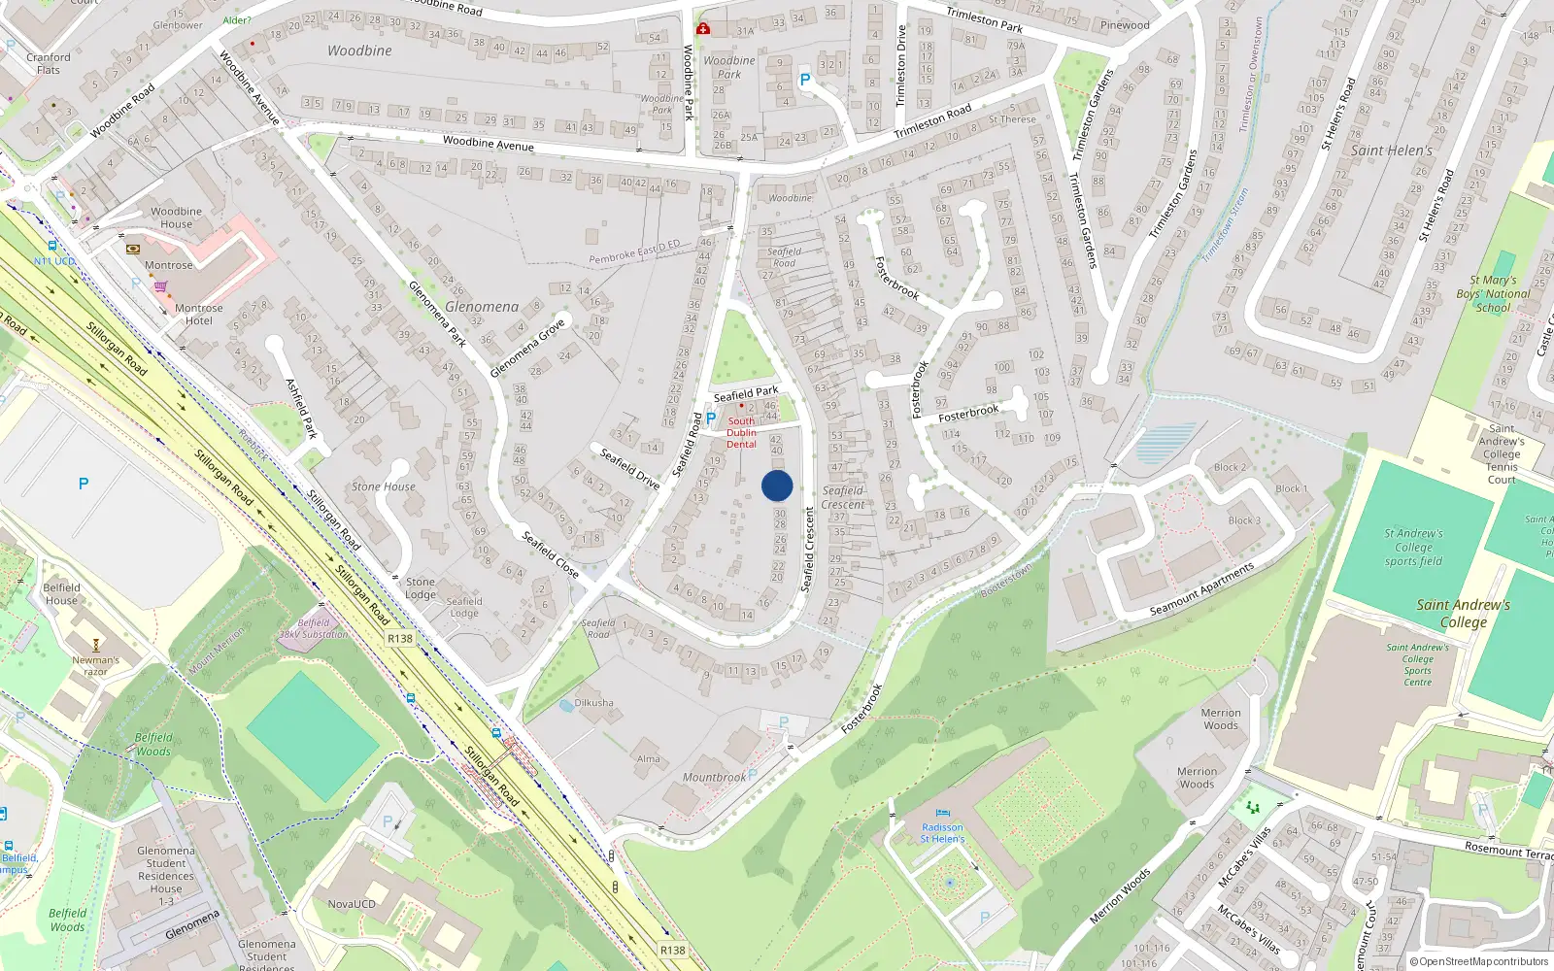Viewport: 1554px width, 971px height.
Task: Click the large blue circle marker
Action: tap(777, 485)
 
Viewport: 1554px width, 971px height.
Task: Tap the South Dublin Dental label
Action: tap(741, 433)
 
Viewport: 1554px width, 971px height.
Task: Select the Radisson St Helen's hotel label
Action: tap(942, 833)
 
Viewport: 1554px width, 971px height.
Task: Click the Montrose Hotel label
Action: tap(199, 315)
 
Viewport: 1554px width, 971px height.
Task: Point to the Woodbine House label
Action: tap(176, 218)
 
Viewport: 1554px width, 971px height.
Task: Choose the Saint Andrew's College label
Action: tap(1463, 614)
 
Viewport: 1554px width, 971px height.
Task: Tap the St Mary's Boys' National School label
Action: tap(1493, 293)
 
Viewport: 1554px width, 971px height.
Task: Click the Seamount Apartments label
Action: tap(1202, 589)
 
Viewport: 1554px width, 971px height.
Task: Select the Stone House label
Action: tap(384, 486)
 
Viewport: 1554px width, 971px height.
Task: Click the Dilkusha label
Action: tap(593, 702)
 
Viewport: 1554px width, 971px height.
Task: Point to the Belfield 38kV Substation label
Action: tap(313, 628)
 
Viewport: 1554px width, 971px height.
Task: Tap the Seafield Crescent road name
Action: tap(807, 549)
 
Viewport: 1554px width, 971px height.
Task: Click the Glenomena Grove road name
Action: tap(527, 348)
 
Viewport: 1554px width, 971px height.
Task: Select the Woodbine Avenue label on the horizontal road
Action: tap(489, 143)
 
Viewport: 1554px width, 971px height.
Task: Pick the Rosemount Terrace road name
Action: tap(1508, 851)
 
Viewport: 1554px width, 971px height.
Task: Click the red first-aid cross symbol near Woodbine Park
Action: tap(703, 28)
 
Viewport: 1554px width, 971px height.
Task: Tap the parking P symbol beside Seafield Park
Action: tap(711, 419)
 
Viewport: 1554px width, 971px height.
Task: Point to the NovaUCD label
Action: tap(352, 904)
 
